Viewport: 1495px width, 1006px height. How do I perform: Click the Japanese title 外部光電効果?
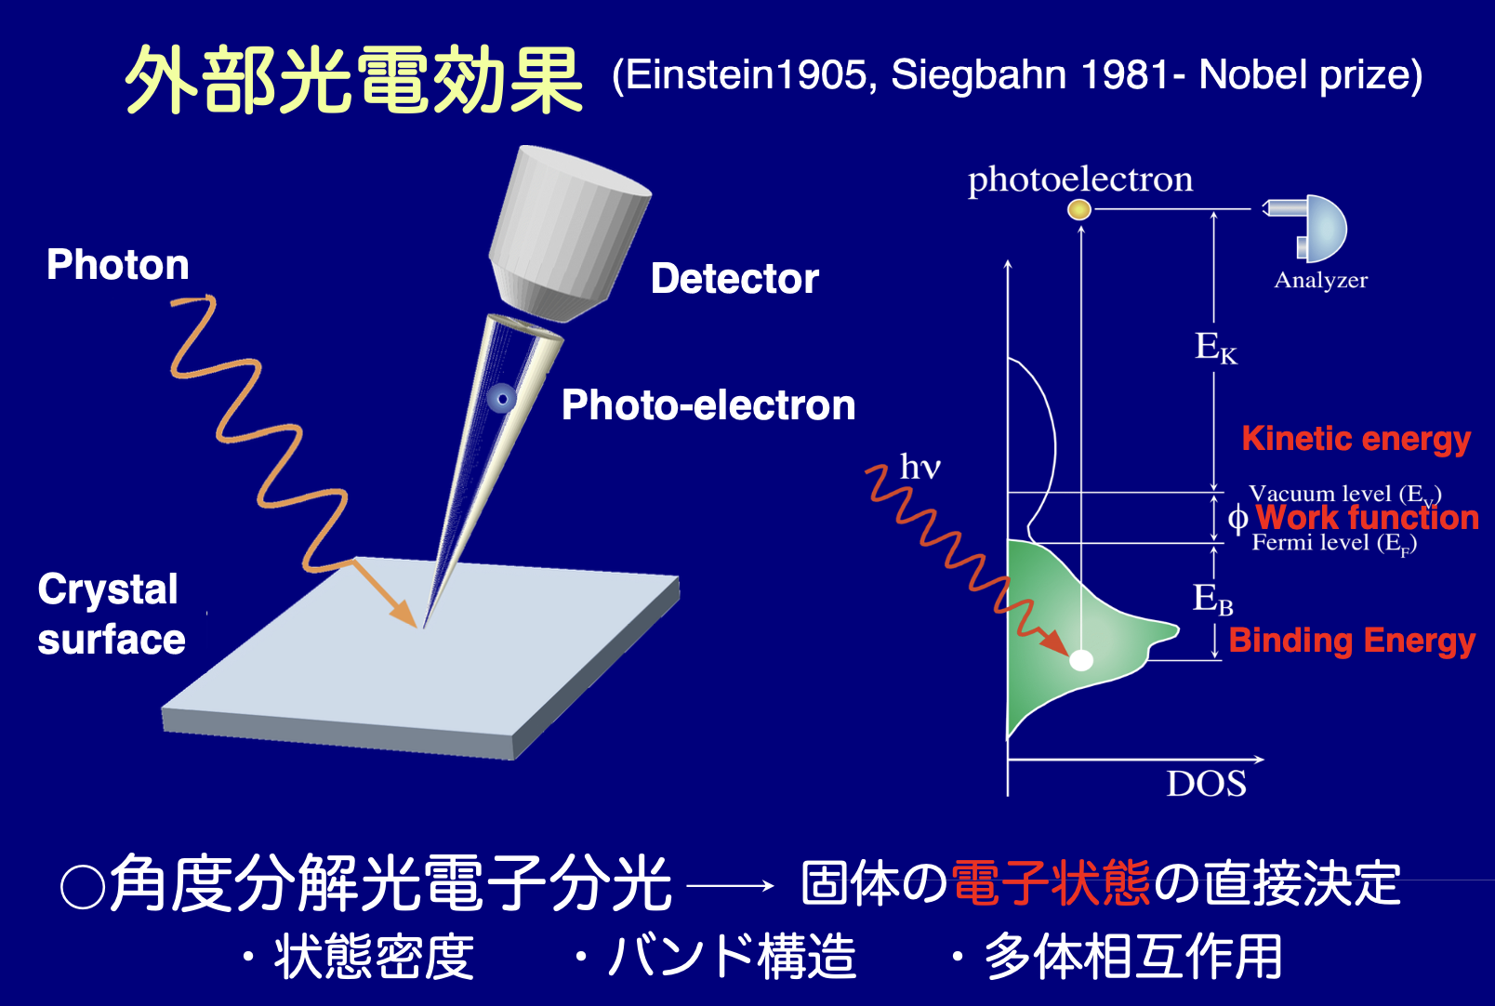(x=353, y=80)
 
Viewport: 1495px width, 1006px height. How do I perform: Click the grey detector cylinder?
(x=569, y=233)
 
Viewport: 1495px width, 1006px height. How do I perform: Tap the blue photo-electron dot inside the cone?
(x=502, y=399)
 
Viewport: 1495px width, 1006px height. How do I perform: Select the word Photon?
(x=117, y=265)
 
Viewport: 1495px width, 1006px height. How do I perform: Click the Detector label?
(x=734, y=278)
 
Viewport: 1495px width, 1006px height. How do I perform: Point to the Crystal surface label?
(x=111, y=615)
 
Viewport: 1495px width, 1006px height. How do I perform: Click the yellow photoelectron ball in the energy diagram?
(x=1079, y=209)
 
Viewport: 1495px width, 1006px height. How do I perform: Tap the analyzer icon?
(x=1308, y=229)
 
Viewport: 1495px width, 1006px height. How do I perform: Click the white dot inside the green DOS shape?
(x=1081, y=660)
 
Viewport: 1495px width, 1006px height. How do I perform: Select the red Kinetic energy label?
(x=1356, y=439)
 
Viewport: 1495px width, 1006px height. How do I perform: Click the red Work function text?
(x=1368, y=517)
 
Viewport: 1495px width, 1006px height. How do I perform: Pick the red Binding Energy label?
(x=1352, y=641)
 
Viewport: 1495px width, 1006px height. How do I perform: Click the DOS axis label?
(x=1206, y=784)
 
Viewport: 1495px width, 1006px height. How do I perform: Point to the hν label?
(x=920, y=467)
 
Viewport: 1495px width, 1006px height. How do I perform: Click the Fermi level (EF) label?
(x=1334, y=543)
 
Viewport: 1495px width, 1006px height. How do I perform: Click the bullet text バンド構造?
(x=732, y=956)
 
